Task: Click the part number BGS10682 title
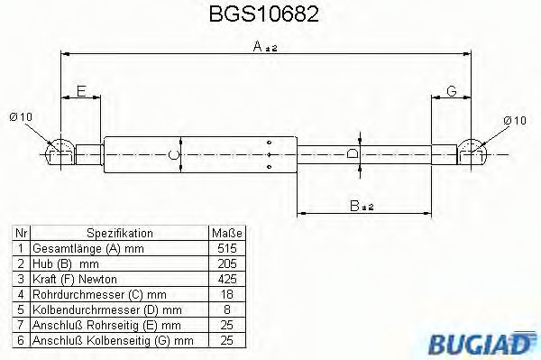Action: tap(269, 15)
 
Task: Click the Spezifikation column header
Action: tap(119, 232)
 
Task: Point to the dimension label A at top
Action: tap(257, 47)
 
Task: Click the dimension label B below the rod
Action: tap(357, 206)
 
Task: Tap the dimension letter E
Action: tap(80, 91)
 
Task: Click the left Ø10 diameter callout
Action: tap(22, 116)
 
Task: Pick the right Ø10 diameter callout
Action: tap(513, 120)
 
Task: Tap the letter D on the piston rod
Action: tap(353, 154)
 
